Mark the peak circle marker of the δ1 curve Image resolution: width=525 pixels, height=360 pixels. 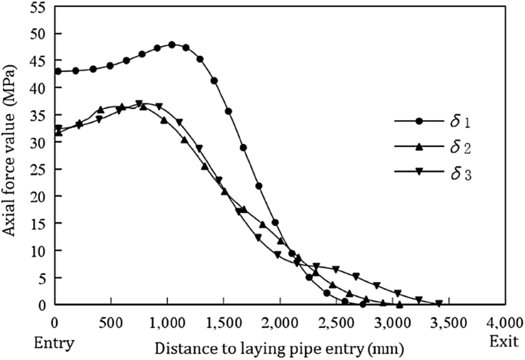click(x=172, y=44)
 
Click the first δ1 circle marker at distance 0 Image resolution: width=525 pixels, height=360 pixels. click(x=57, y=71)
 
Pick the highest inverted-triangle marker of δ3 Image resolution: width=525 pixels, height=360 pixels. click(x=139, y=103)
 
